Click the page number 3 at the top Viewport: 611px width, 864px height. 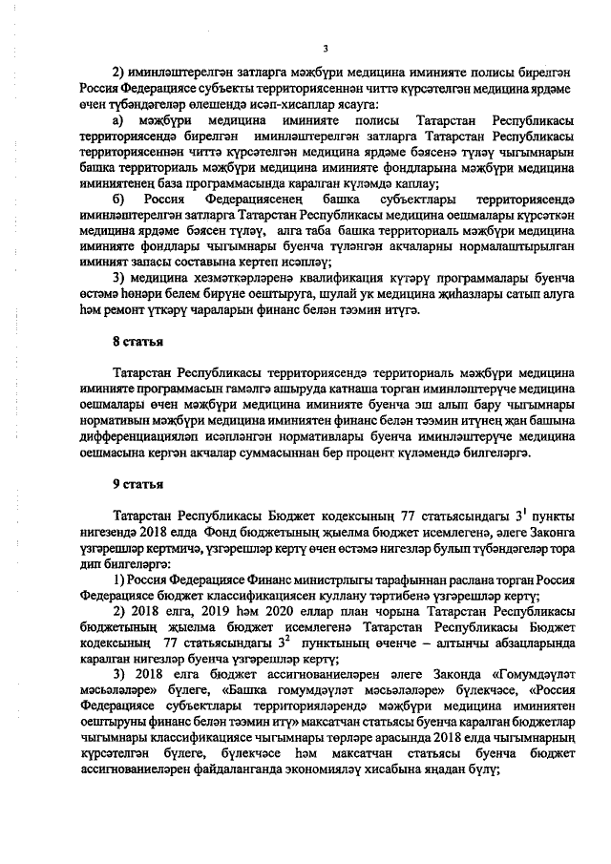325,50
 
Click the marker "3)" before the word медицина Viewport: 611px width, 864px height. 120,277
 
